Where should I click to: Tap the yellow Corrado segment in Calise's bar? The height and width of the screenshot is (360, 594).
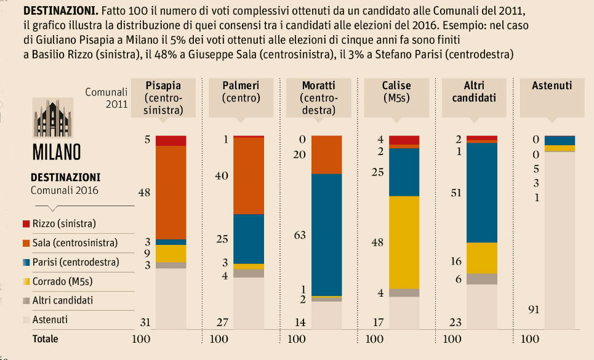tap(404, 242)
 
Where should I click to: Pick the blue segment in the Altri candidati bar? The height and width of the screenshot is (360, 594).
tap(482, 193)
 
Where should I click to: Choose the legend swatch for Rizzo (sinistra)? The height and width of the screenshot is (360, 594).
tap(25, 223)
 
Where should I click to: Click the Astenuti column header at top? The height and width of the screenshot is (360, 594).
tap(552, 86)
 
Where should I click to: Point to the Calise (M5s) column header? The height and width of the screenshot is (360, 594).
tap(396, 92)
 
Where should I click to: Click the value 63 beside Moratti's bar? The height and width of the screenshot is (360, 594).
tap(299, 234)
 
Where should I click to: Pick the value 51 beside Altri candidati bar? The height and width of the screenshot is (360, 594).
tap(455, 193)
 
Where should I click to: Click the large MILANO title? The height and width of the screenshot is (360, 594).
tap(56, 151)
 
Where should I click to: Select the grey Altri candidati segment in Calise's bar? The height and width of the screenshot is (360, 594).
tap(404, 293)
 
